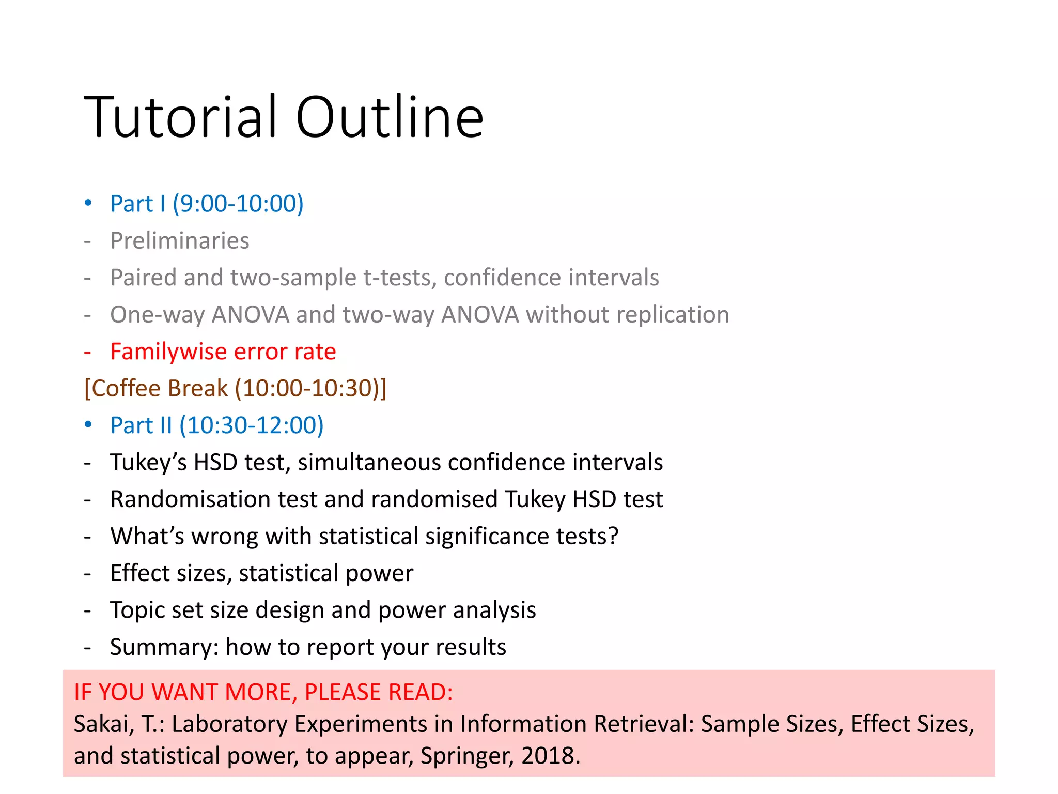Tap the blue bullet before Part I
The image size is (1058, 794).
pyautogui.click(x=88, y=203)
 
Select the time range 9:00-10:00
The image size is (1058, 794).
pyautogui.click(x=238, y=204)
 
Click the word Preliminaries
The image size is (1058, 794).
pyautogui.click(x=180, y=241)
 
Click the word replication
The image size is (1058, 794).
pyautogui.click(x=672, y=314)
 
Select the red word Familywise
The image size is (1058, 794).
pyautogui.click(x=168, y=352)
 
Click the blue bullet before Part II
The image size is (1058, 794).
pyautogui.click(x=88, y=424)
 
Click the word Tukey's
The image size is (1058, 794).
pyautogui.click(x=148, y=462)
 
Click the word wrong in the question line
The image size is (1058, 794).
pyautogui.click(x=224, y=537)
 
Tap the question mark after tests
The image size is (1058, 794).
pyautogui.click(x=613, y=536)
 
